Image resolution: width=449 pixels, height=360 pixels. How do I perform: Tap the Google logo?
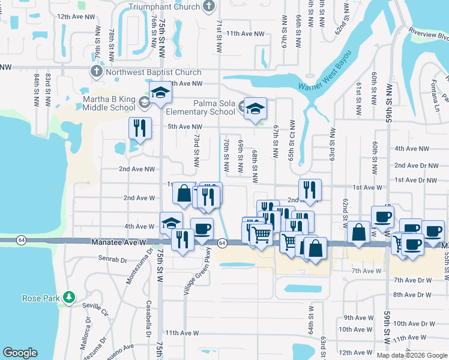pyautogui.click(x=20, y=353)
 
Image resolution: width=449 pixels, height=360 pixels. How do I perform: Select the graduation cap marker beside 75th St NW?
pyautogui.click(x=160, y=92)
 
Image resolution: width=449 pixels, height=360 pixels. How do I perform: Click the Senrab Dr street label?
pyautogui.click(x=110, y=260)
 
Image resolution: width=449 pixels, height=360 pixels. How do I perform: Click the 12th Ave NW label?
pyautogui.click(x=76, y=17)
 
